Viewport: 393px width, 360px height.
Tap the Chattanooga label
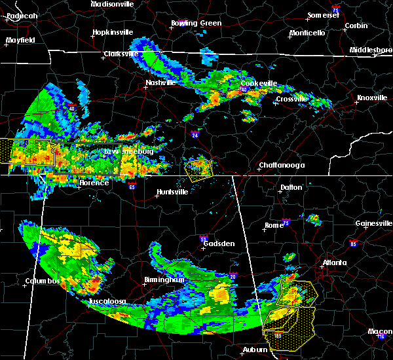282,166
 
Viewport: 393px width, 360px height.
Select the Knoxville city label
371,98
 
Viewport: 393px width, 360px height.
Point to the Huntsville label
172,192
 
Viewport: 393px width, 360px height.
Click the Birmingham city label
162,280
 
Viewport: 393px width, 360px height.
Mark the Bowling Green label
196,24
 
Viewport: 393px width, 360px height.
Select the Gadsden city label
219,243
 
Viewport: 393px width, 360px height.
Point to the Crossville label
291,99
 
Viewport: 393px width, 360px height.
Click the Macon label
380,332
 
